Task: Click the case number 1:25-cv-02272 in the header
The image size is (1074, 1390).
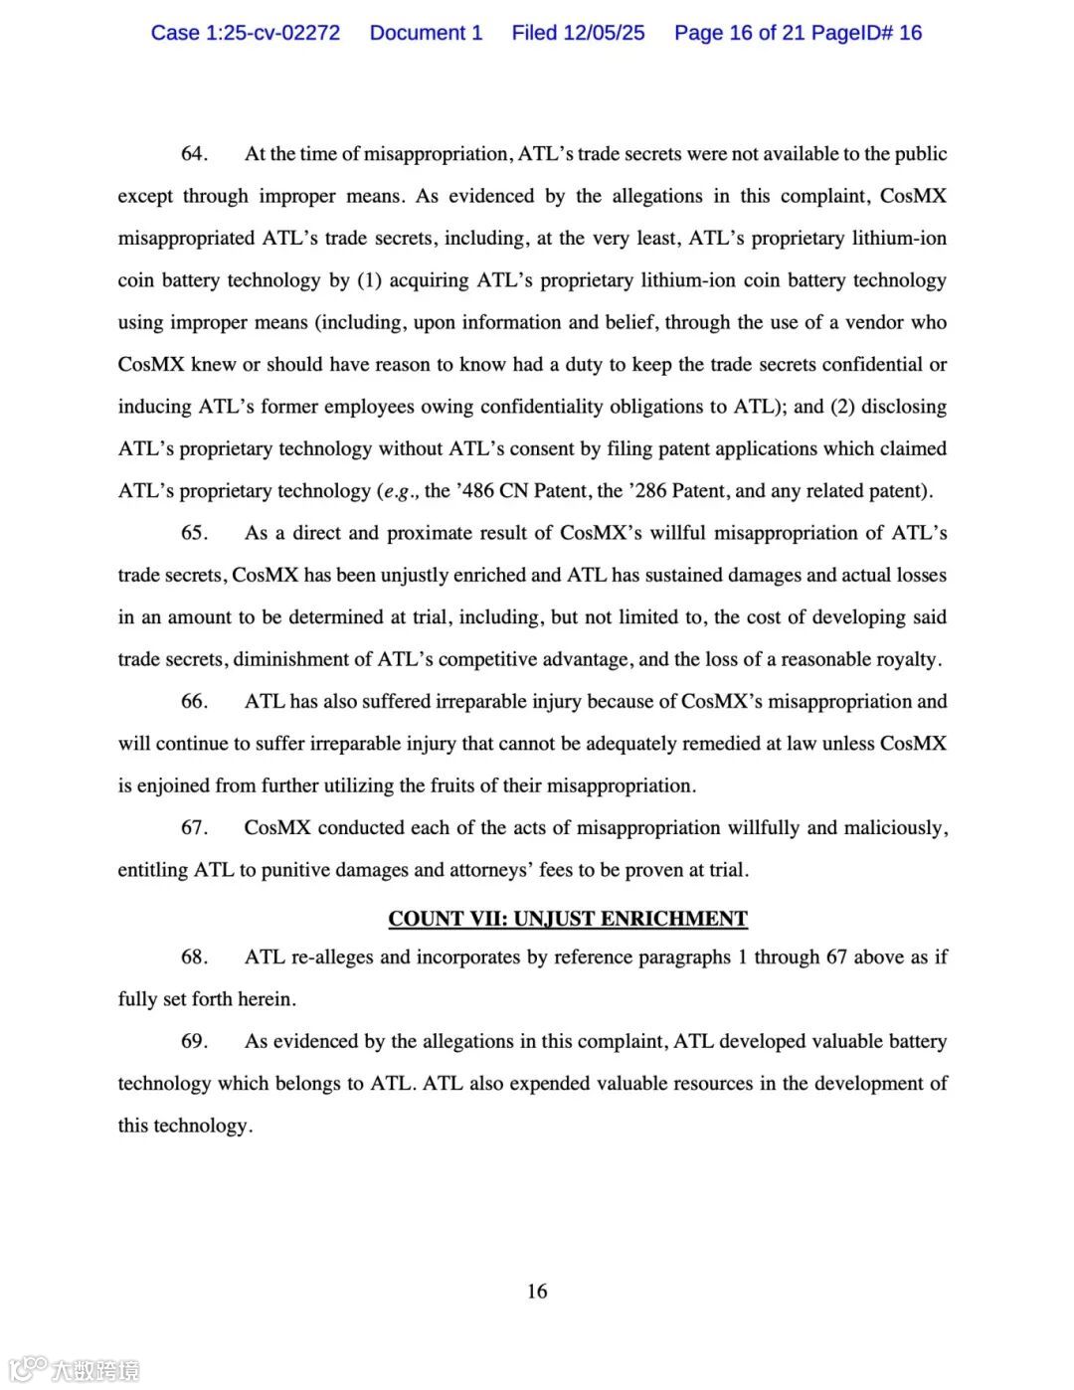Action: [x=271, y=33]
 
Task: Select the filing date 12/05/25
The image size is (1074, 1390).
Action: [x=604, y=33]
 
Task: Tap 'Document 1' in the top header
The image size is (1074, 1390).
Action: [x=426, y=33]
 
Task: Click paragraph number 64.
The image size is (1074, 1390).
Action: [x=194, y=154]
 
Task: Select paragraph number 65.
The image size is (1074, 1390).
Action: [x=194, y=533]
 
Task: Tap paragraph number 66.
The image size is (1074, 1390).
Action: [x=194, y=702]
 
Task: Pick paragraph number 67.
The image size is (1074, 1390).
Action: [x=194, y=828]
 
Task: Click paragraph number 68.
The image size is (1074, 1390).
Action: [x=194, y=957]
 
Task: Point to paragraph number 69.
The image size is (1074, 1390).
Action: [x=194, y=1042]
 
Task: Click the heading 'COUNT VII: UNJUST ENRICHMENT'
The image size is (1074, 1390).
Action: [x=568, y=919]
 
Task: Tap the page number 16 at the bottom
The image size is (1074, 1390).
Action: [x=537, y=1292]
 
